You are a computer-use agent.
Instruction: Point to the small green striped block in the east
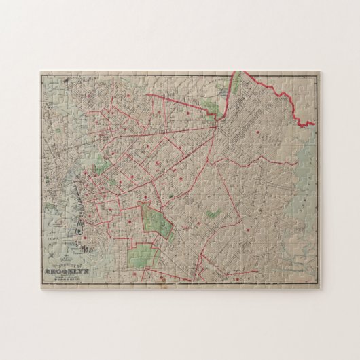(x=213, y=213)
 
